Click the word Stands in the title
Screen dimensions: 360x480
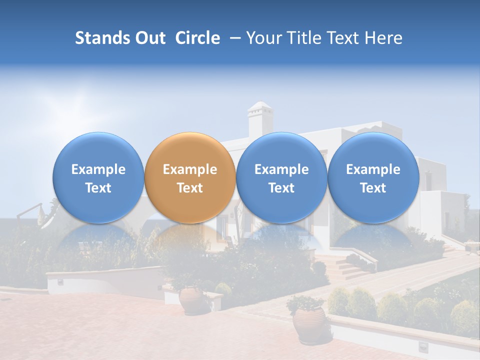pyautogui.click(x=98, y=38)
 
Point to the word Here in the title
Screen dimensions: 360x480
pyautogui.click(x=384, y=38)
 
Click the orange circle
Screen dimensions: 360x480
pyautogui.click(x=190, y=177)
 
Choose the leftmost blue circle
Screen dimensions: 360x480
pyautogui.click(x=98, y=177)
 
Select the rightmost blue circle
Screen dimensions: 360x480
pyautogui.click(x=373, y=177)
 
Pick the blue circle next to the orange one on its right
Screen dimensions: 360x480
pyautogui.click(x=281, y=177)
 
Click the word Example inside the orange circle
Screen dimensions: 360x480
pyautogui.click(x=190, y=169)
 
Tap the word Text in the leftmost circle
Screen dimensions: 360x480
pyautogui.click(x=98, y=188)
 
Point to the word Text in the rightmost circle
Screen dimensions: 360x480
pyautogui.click(x=373, y=188)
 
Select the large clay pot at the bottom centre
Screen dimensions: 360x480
pyautogui.click(x=308, y=325)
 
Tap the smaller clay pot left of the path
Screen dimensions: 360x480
pyautogui.click(x=191, y=300)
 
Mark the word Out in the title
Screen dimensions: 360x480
pyautogui.click(x=149, y=38)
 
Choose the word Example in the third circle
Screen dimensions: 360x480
pyautogui.click(x=281, y=169)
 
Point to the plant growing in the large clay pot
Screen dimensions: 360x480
pyautogui.click(x=305, y=302)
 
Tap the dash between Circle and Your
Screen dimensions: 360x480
pyautogui.click(x=233, y=38)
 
